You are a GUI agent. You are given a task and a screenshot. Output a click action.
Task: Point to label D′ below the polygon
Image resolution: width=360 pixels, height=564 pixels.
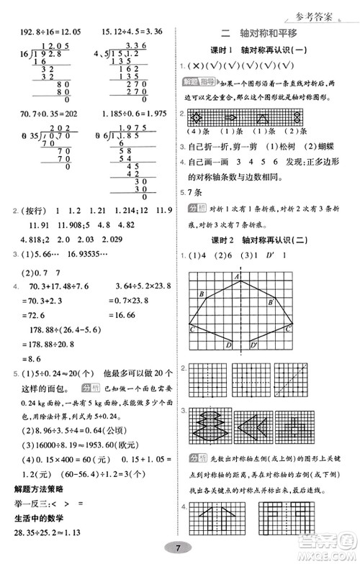coord(253,345)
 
